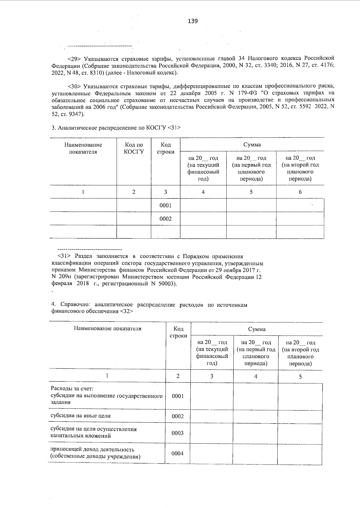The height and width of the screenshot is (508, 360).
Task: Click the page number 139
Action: [x=193, y=21]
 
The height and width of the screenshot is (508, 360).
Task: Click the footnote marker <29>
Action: [x=75, y=58]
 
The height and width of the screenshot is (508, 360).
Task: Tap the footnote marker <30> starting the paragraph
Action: [x=75, y=87]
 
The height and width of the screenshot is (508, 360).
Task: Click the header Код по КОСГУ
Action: [x=134, y=148]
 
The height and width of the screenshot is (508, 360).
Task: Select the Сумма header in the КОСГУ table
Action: [x=252, y=145]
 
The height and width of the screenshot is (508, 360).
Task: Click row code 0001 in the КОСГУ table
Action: [x=166, y=205]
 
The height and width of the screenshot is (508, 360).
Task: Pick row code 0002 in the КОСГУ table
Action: [x=166, y=219]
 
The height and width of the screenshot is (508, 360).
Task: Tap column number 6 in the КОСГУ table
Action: [x=300, y=192]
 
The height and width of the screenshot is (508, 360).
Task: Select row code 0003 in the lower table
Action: [x=178, y=433]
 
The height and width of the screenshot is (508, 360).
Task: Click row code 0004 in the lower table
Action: [x=178, y=453]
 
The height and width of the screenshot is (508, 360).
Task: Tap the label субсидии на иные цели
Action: [x=81, y=416]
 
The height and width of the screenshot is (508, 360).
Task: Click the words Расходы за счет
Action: [x=66, y=389]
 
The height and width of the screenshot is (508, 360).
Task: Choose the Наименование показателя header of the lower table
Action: [x=107, y=328]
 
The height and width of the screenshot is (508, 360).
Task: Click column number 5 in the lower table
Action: [x=300, y=377]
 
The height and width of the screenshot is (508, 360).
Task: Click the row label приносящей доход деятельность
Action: [x=92, y=450]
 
